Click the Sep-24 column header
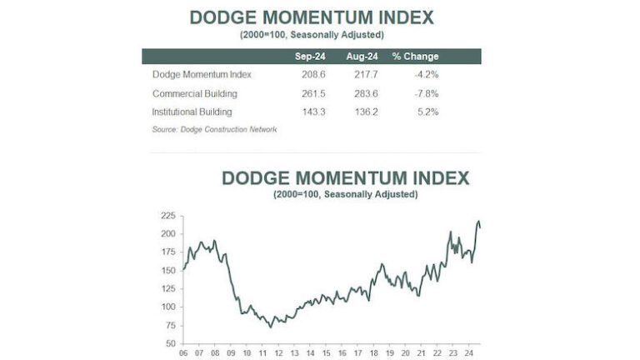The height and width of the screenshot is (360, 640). (x=309, y=57)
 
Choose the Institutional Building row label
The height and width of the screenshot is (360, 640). (x=192, y=111)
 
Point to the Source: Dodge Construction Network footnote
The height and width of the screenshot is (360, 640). (x=214, y=129)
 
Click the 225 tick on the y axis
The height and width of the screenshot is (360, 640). (x=167, y=216)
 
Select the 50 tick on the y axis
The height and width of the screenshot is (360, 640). (x=169, y=342)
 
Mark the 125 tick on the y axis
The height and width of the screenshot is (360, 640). (x=167, y=287)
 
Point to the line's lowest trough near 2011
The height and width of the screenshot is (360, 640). (x=270, y=327)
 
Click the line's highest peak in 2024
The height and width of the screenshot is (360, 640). (x=478, y=221)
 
